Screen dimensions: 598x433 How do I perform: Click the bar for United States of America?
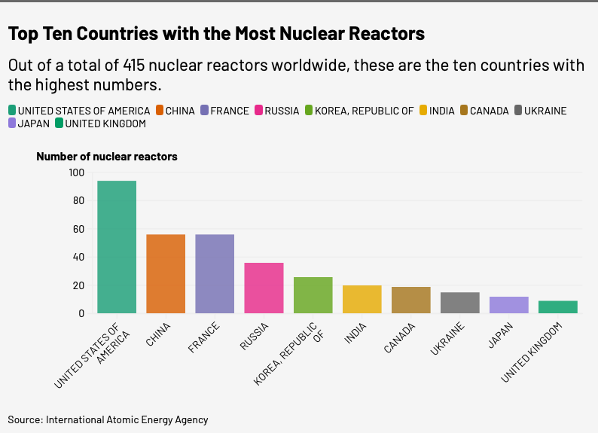pos(117,247)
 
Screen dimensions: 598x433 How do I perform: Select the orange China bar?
pos(166,273)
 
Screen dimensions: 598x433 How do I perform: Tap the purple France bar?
pos(215,273)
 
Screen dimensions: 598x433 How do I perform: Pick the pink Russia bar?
pos(264,288)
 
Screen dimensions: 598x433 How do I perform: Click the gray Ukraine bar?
pos(460,303)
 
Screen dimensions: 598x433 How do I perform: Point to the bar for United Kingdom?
pos(558,307)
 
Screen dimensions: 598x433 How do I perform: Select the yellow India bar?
pos(362,299)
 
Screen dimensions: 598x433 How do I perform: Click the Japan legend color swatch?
pos(12,123)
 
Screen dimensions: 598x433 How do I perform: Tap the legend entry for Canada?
pos(484,111)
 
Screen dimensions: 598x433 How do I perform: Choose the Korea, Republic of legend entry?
pos(359,111)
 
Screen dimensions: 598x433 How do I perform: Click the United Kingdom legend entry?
pos(100,123)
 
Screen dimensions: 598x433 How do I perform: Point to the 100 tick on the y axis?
pos(77,172)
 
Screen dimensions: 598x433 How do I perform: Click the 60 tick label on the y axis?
pos(78,229)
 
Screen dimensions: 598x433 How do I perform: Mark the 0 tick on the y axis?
pos(81,313)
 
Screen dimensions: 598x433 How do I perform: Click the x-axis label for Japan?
pos(501,335)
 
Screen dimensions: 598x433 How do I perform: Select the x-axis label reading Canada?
pos(399,337)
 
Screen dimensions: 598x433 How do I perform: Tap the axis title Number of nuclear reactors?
pos(107,157)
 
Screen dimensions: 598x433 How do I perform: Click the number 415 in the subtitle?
pos(134,66)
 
